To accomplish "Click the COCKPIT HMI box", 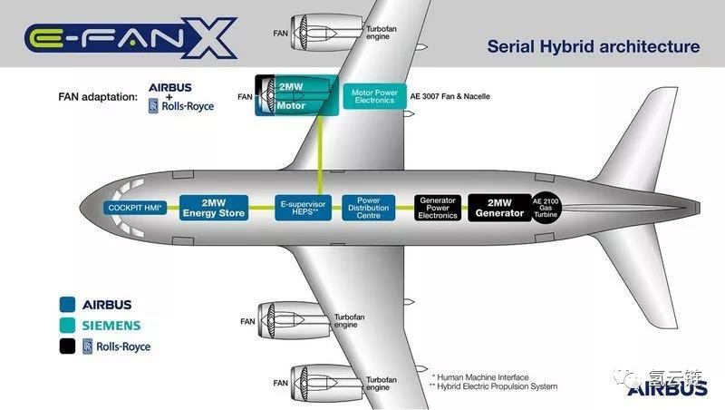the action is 135,208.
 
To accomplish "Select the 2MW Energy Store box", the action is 214,208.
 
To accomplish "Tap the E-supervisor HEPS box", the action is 303,208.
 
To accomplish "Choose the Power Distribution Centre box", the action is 369,208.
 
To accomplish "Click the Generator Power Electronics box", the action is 438,208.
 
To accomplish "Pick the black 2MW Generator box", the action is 500,208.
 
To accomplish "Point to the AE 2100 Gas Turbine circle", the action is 546,208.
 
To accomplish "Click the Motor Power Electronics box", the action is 374,96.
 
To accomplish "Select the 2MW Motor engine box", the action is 296,95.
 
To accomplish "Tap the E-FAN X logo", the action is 130,38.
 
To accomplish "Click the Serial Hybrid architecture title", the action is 594,47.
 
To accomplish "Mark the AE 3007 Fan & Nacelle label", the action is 449,96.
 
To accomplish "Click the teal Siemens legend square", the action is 67,326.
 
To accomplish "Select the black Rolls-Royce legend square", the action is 67,347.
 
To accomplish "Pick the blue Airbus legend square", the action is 67,305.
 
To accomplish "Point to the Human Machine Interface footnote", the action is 480,377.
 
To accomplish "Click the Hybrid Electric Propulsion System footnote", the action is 493,386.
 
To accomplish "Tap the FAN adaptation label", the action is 98,97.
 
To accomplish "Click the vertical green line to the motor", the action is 320,155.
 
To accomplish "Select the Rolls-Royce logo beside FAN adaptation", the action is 181,106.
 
